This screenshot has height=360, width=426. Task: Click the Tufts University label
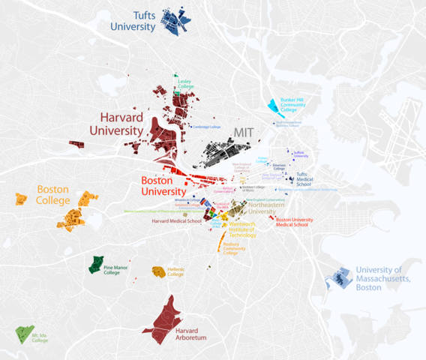[x=134, y=20]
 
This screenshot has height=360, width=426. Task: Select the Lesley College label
[x=186, y=84]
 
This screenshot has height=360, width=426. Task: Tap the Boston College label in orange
[x=53, y=195]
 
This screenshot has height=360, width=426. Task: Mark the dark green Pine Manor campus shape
[x=96, y=264]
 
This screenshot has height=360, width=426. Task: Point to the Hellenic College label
[x=175, y=271]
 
